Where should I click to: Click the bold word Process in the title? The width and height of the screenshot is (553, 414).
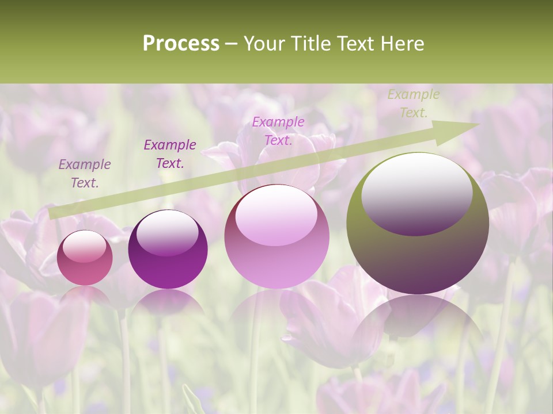181,44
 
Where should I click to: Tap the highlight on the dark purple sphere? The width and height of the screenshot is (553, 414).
168,233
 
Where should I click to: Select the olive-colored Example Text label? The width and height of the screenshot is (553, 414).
413,103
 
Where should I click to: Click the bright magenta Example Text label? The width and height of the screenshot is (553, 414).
278,131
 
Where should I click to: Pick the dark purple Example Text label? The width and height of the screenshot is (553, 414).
170,154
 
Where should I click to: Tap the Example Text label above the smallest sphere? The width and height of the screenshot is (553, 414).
85,174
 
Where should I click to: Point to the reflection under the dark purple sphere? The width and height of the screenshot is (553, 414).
168,302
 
